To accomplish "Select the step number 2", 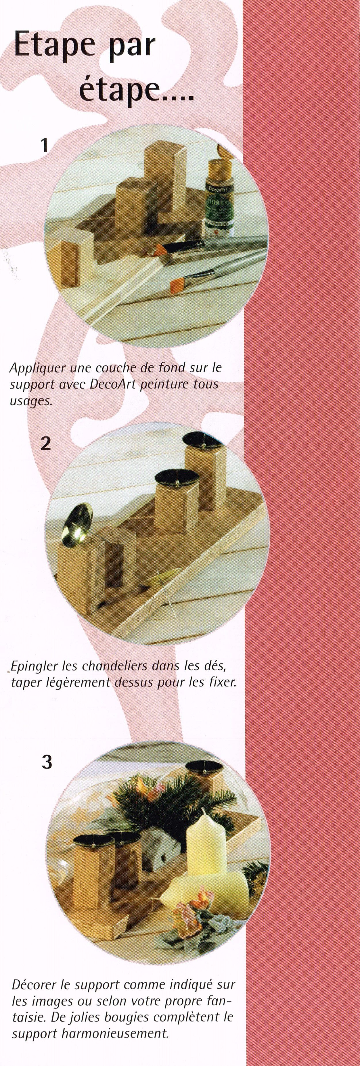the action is coord(46,443).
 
